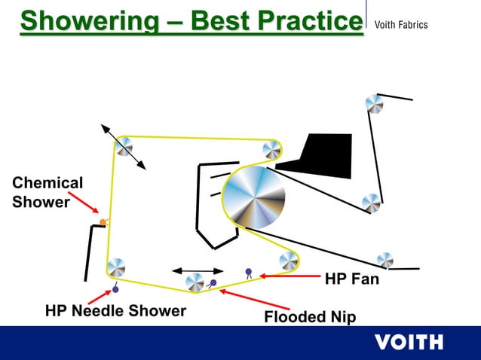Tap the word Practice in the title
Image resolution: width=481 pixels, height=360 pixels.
pyautogui.click(x=306, y=21)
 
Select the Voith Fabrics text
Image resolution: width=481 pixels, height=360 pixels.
pyautogui.click(x=401, y=25)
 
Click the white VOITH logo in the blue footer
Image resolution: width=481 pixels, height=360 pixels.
pyautogui.click(x=409, y=342)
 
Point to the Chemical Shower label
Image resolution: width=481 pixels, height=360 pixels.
pyautogui.click(x=47, y=192)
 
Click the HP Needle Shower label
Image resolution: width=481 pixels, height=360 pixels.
pyautogui.click(x=115, y=310)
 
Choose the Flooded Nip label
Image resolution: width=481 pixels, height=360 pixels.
pyautogui.click(x=310, y=317)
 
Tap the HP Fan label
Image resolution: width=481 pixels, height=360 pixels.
pyautogui.click(x=351, y=279)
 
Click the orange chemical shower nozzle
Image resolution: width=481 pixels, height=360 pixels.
pyautogui.click(x=103, y=222)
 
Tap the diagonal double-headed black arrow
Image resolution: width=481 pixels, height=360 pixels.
pyautogui.click(x=124, y=147)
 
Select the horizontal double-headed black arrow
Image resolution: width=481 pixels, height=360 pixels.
pyautogui.click(x=198, y=270)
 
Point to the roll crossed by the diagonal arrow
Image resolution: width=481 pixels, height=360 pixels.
pyautogui.click(x=124, y=147)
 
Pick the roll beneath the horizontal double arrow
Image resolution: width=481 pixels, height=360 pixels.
pyautogui.click(x=195, y=283)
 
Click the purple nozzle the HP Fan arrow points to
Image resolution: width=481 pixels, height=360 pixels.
pyautogui.click(x=248, y=271)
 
